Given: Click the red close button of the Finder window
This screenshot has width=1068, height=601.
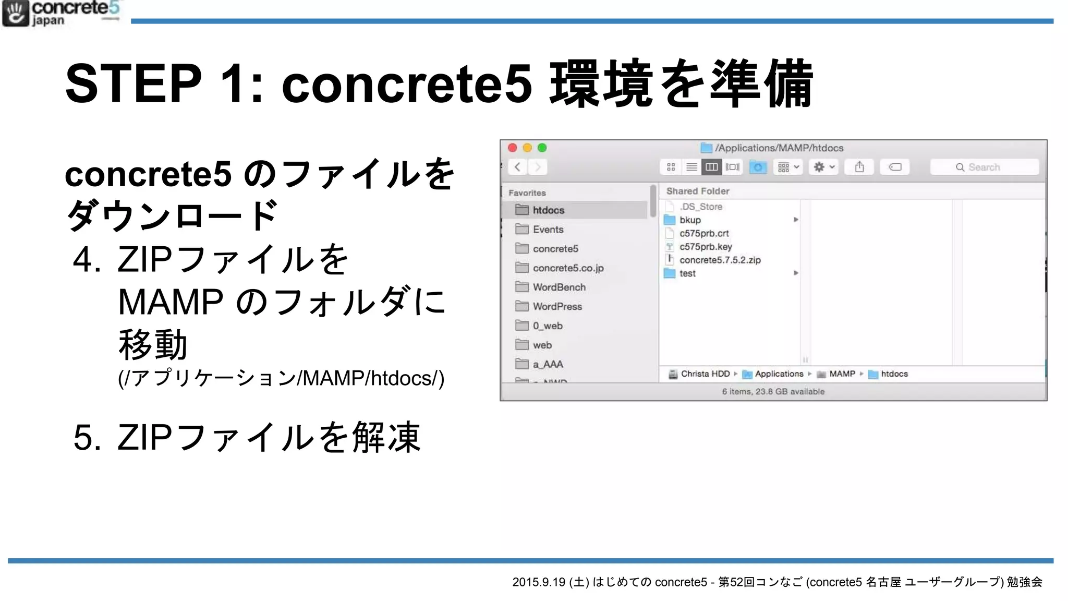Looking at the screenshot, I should coord(513,148).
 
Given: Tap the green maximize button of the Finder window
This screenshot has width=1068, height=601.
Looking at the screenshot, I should coord(542,148).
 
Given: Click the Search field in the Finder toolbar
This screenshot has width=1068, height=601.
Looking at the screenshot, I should coord(985,167).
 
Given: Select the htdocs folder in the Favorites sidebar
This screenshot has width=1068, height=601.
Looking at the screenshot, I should coord(548,210).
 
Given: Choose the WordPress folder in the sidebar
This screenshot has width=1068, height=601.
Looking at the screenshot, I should coord(557,307).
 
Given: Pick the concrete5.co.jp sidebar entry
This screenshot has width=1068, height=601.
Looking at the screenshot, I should coord(568,268).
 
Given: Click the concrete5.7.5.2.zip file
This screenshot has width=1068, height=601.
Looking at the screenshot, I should coord(720,260).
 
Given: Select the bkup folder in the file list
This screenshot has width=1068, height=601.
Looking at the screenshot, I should coord(690,220).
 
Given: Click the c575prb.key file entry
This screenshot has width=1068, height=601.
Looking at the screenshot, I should coord(706,247).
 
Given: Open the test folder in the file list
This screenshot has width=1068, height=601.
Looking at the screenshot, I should coord(687,273).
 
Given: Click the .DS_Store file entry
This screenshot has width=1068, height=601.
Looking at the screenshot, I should coord(701,207).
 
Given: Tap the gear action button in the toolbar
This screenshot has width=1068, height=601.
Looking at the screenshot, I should coord(823,167).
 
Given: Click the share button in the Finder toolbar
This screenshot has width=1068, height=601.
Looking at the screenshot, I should coord(859,167).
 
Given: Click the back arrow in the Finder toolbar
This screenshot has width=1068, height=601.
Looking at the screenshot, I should coord(517,167).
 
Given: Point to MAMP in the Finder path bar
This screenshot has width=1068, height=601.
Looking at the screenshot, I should coord(842,374).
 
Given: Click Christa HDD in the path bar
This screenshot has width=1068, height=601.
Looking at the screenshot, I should coord(705,374).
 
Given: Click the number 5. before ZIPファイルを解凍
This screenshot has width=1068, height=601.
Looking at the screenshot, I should coord(87,437).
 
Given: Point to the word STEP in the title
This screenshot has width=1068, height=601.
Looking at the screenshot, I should coord(133,83).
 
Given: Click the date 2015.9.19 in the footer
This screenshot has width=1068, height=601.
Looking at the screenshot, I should coord(539,582).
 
